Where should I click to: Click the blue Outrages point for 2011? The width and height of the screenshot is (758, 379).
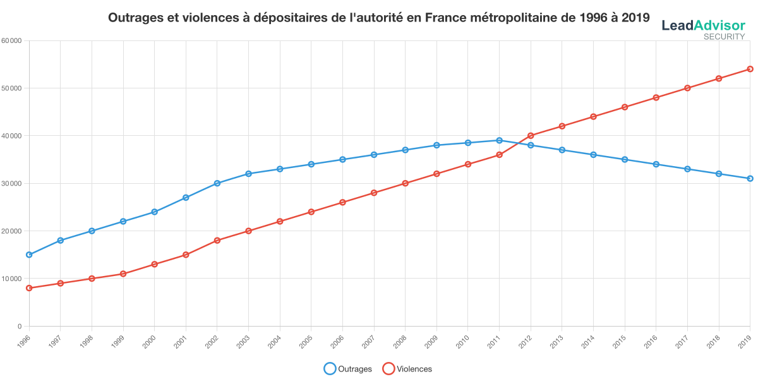[x=499, y=140]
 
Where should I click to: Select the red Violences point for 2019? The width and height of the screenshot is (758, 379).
[x=750, y=69]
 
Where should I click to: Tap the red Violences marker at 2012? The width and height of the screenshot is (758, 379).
[x=531, y=135]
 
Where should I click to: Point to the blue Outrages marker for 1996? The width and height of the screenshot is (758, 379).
[x=29, y=255]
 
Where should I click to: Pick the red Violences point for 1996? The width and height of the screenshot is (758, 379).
[x=29, y=288]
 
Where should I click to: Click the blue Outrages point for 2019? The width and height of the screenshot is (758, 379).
[x=750, y=179]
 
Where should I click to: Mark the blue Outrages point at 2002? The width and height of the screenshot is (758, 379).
[x=217, y=183]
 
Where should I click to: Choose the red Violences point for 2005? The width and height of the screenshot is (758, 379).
[x=311, y=212]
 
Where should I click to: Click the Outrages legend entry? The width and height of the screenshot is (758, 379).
[x=348, y=369]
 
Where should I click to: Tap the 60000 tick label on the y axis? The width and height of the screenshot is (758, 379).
[x=12, y=40]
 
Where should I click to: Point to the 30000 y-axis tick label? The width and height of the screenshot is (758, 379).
[x=12, y=183]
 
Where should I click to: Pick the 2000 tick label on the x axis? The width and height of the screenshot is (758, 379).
[x=150, y=340]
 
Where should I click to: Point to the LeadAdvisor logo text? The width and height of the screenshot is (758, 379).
[x=703, y=25]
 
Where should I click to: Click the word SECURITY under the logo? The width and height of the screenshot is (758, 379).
[x=724, y=37]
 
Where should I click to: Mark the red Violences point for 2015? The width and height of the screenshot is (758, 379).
[x=625, y=107]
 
